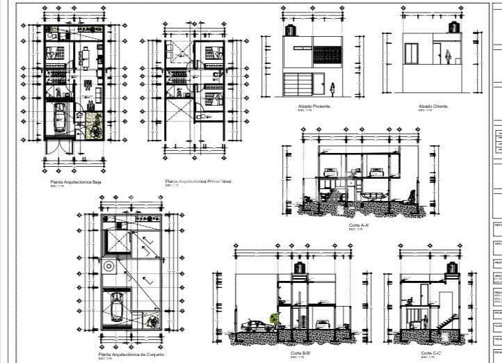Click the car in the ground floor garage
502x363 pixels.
pos(60,118)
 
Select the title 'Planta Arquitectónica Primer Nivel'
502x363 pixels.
pos(197,181)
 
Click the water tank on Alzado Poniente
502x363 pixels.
pos(291,31)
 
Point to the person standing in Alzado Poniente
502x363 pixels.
pos(332,88)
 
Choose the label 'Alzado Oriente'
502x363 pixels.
pos(433,106)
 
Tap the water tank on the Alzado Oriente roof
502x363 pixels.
pos(455,27)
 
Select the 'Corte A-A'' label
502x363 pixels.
pos(358,226)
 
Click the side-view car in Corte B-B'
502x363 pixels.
pos(256,325)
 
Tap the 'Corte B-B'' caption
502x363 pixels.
pos(301,353)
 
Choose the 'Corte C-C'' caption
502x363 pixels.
pos(432,353)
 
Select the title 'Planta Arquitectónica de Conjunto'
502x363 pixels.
pos(131,355)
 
